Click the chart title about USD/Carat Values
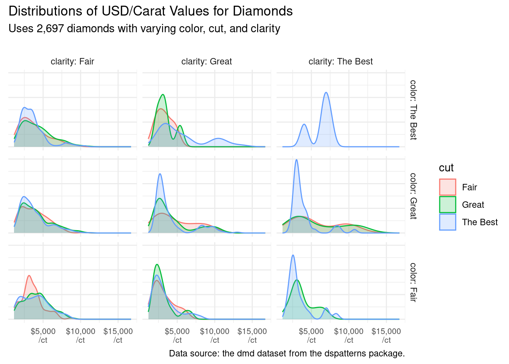pyautogui.click(x=150, y=11)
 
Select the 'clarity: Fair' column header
pyautogui.click(x=72, y=61)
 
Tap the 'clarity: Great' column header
pyautogui.click(x=206, y=61)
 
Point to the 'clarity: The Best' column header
pyautogui.click(x=340, y=61)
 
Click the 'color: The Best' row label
pyautogui.click(x=413, y=110)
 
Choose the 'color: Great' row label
pyautogui.click(x=413, y=196)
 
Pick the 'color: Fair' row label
pyautogui.click(x=413, y=282)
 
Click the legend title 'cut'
pyautogui.click(x=446, y=168)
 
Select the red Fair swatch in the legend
pyautogui.click(x=447, y=187)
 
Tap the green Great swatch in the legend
pyautogui.click(x=447, y=205)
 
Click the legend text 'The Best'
pyautogui.click(x=479, y=222)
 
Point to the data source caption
pyautogui.click(x=287, y=353)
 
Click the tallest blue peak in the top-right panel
pyautogui.click(x=326, y=93)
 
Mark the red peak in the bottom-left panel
pyautogui.click(x=29, y=276)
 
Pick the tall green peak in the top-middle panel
pyautogui.click(x=162, y=95)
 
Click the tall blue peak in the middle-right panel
pyautogui.click(x=296, y=160)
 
